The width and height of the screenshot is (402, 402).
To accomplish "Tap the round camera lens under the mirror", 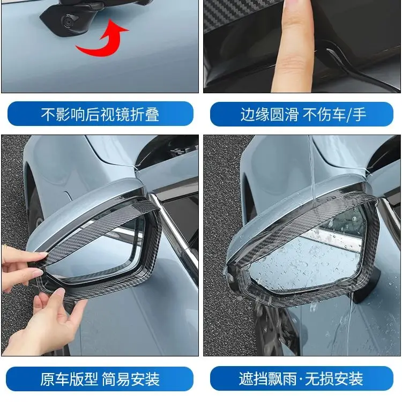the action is [x=69, y=21].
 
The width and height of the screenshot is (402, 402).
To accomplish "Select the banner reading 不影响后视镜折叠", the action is [x=100, y=114].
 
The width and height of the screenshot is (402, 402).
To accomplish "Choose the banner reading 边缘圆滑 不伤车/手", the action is [x=301, y=114].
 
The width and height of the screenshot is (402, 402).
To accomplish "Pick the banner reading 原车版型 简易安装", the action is [x=100, y=379].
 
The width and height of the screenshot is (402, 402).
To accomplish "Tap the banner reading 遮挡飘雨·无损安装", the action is [x=301, y=378].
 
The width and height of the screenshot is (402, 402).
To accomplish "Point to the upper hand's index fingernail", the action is [x=43, y=254].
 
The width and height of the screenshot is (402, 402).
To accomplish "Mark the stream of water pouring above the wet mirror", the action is [x=312, y=167].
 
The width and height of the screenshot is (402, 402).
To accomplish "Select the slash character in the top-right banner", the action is [x=349, y=114].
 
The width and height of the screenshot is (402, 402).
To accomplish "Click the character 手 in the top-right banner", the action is [x=360, y=114].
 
